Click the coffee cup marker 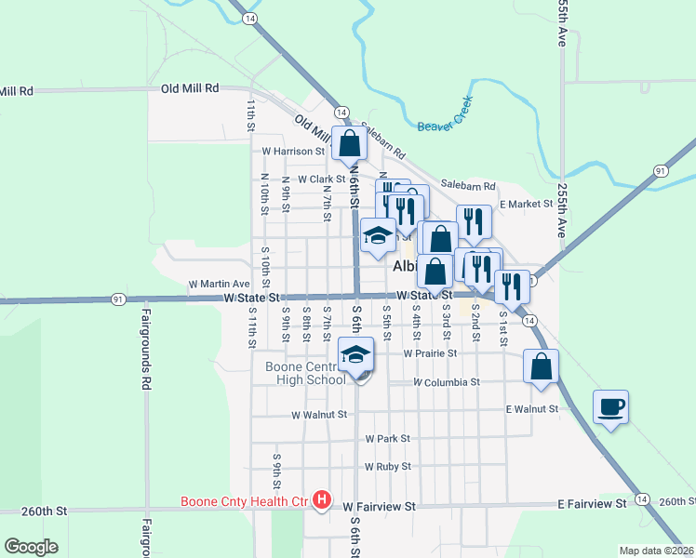tap(611, 407)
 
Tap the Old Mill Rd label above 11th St tap(189, 87)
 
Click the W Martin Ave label tap(220, 284)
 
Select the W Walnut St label tap(318, 415)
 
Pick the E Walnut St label tap(532, 408)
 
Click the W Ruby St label tap(387, 467)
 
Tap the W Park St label tap(387, 438)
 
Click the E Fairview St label tap(592, 503)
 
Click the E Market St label tap(526, 204)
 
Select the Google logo tap(32, 546)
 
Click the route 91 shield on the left tap(118, 299)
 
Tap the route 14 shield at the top tap(250, 18)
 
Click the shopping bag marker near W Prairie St tap(542, 366)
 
